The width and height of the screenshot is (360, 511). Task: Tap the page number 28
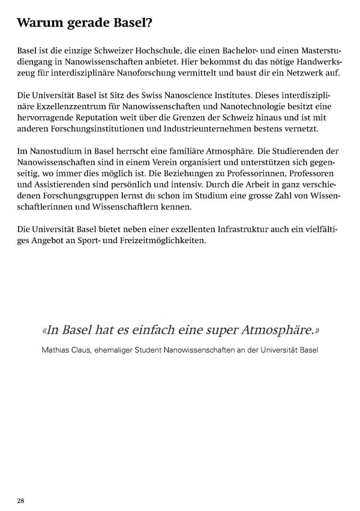tap(20, 500)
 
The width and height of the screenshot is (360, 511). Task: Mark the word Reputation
tap(100, 118)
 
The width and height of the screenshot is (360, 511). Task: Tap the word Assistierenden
tap(70, 187)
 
